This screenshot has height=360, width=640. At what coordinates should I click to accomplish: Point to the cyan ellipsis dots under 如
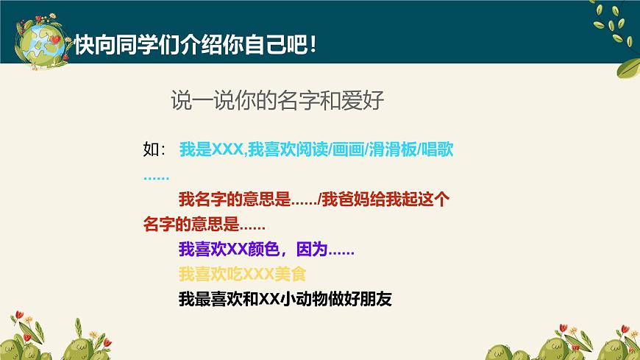pos(156,177)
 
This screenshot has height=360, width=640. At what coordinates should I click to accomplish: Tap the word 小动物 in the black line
pos(307,300)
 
